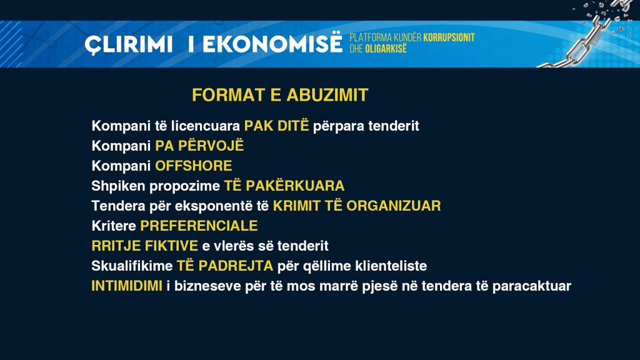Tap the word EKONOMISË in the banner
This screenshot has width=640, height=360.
click(x=272, y=42)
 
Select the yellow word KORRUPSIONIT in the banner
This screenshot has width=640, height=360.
click(x=449, y=37)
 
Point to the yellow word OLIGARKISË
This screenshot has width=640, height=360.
click(x=386, y=49)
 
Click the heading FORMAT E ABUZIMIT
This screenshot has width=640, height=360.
click(x=280, y=95)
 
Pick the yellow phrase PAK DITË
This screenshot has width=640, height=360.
click(x=276, y=125)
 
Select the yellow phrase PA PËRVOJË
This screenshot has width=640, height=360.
click(x=199, y=145)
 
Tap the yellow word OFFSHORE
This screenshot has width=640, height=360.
click(x=194, y=166)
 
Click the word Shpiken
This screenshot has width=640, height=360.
click(x=118, y=186)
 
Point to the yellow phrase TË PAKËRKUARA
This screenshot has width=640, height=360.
click(x=284, y=185)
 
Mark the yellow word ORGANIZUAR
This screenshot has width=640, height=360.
click(x=394, y=206)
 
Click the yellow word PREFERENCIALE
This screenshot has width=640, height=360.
click(x=199, y=226)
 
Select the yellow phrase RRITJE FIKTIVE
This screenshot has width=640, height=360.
click(x=144, y=246)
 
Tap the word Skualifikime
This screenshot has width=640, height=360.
click(x=132, y=266)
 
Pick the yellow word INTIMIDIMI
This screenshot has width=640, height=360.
click(x=127, y=286)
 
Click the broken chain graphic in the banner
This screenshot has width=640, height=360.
click(x=587, y=35)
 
